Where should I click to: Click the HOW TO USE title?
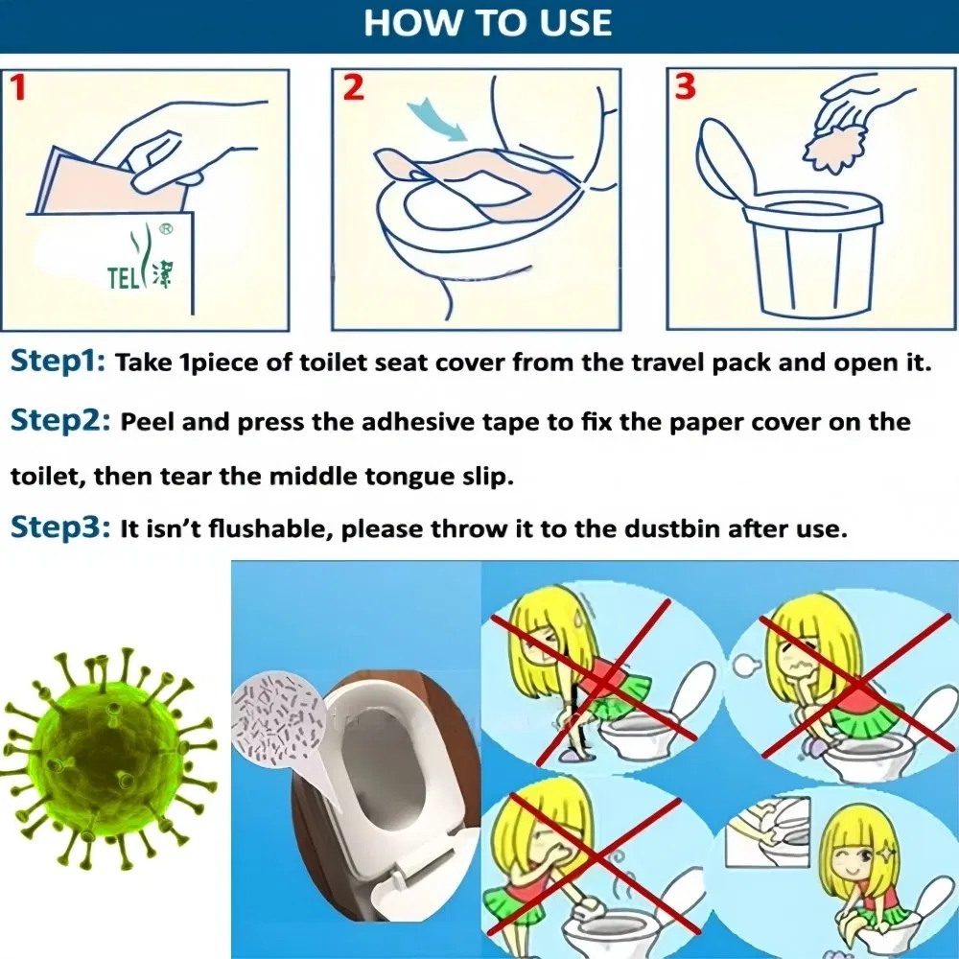tap(487, 23)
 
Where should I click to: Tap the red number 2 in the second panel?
tap(354, 88)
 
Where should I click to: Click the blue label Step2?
tap(59, 422)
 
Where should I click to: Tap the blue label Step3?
tap(59, 528)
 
